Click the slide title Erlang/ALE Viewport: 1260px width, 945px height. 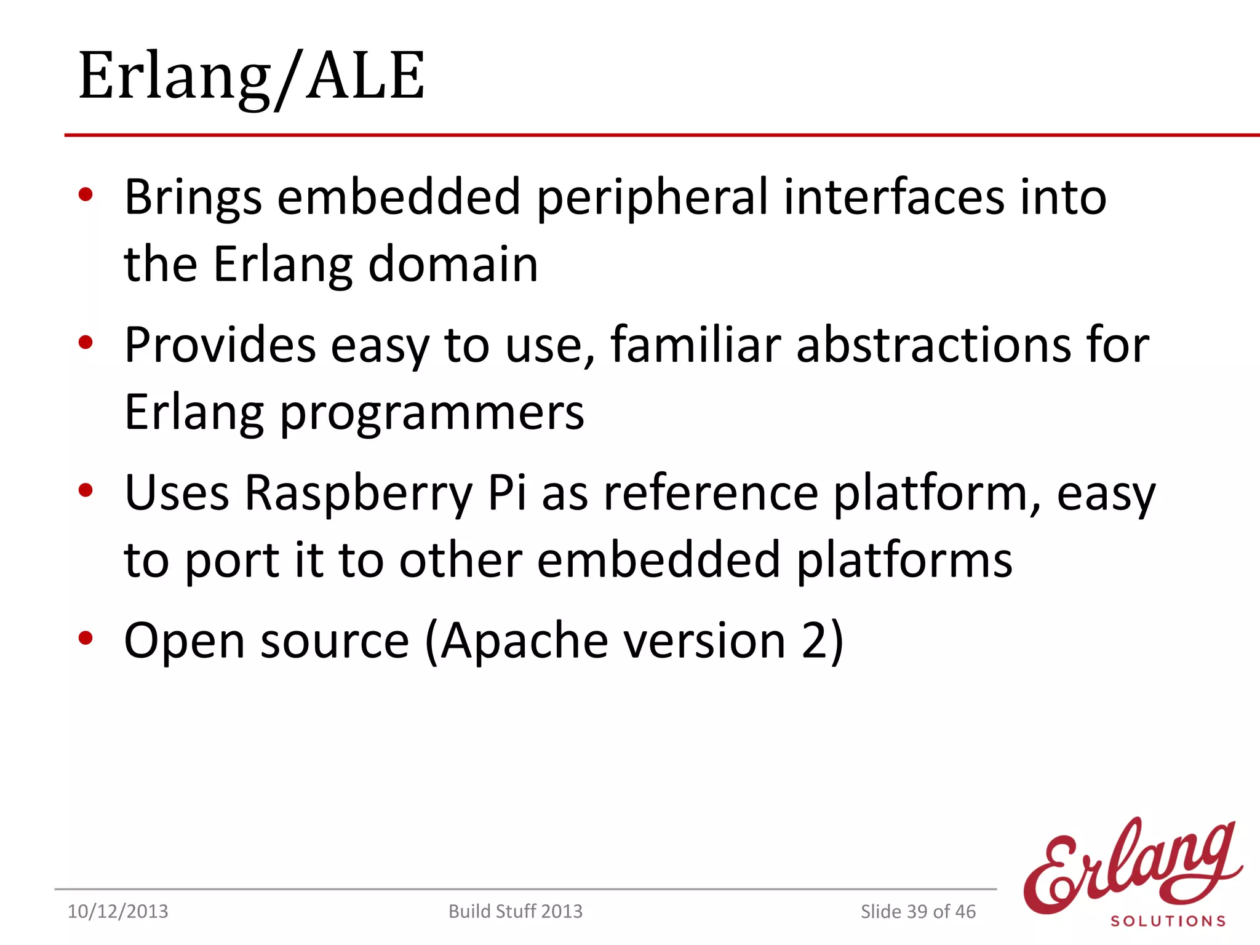[251, 76]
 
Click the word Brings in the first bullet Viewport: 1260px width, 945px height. [193, 197]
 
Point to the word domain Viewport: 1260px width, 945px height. [453, 265]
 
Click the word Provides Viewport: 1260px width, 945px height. [220, 345]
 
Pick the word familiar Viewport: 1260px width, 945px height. [695, 345]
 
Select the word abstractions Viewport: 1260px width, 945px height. [933, 345]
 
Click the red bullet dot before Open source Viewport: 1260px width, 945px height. [86, 638]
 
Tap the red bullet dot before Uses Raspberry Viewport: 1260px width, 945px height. [86, 490]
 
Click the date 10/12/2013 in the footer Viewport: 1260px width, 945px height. [118, 911]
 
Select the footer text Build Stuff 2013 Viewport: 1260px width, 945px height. [515, 911]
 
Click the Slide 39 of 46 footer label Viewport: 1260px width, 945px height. [917, 911]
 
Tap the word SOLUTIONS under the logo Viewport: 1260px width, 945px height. [1168, 921]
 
